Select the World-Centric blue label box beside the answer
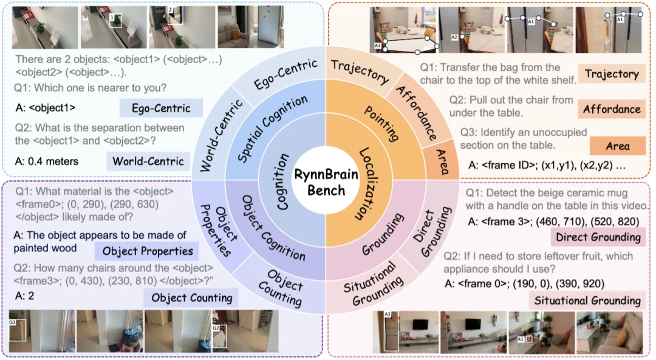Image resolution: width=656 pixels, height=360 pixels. (147, 161)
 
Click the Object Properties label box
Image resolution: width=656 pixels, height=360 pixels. (147, 251)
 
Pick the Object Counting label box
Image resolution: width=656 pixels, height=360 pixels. (191, 297)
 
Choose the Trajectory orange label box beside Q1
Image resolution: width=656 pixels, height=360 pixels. (611, 74)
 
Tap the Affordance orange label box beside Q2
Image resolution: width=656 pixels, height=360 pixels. (611, 109)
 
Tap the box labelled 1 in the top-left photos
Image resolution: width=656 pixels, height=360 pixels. (117, 21)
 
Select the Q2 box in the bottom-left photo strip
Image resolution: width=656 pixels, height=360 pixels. (219, 333)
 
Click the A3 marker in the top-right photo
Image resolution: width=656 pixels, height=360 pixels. (378, 46)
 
